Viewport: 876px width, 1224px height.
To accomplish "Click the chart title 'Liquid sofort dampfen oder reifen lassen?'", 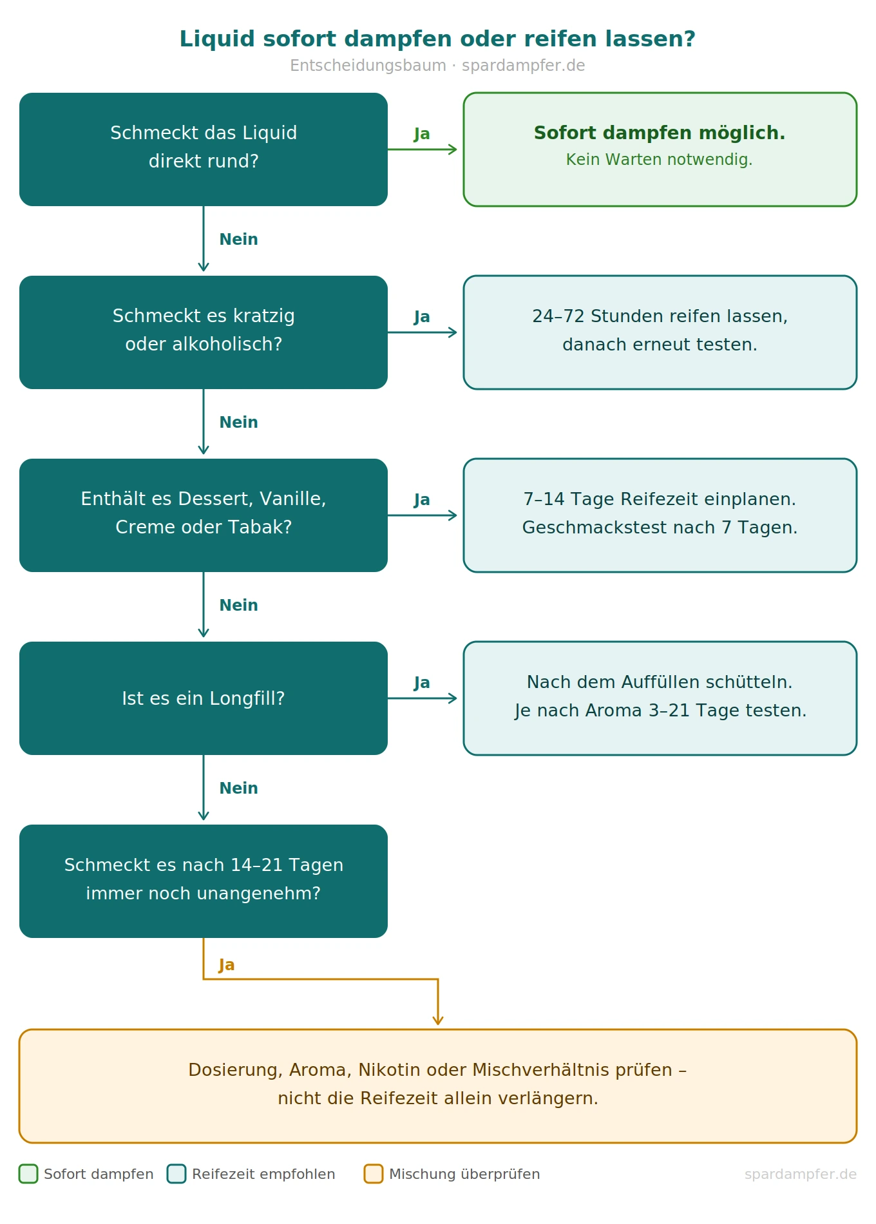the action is tap(437, 39).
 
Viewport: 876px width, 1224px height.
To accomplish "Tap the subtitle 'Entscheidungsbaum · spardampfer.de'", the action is tap(437, 66).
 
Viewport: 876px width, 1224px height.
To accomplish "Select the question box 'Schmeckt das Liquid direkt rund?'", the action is tap(204, 149).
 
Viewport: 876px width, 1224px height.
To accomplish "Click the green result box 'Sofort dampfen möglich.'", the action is tap(660, 149).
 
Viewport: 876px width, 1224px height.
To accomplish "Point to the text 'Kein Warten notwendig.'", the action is tap(660, 160).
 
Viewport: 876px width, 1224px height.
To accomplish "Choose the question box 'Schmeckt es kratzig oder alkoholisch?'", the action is tap(204, 332).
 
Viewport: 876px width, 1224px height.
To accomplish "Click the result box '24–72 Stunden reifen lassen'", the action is tap(660, 332).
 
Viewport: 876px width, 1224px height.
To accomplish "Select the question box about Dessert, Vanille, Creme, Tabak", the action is tap(204, 515).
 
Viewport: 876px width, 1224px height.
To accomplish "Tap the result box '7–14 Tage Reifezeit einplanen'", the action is tap(660, 515).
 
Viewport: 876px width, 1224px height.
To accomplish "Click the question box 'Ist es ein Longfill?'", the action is tap(204, 698).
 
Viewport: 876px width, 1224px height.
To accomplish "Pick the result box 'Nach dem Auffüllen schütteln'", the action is tap(660, 698).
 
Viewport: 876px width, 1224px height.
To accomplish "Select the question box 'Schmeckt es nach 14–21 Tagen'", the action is tap(204, 881).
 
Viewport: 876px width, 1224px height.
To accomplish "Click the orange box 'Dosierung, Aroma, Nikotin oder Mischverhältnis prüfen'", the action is tap(438, 1086).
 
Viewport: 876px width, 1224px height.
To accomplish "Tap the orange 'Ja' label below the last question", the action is tap(227, 965).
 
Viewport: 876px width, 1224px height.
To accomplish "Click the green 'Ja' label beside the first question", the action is tap(422, 134).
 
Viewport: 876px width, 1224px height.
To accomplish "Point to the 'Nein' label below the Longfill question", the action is tap(238, 789).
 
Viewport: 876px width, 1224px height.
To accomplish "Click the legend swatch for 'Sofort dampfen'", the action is tap(28, 1174).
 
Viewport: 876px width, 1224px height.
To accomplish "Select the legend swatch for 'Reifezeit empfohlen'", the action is tap(176, 1174).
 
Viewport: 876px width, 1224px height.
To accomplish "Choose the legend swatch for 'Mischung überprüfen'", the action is tap(374, 1174).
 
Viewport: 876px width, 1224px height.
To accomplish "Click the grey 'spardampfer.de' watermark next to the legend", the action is tap(801, 1174).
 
